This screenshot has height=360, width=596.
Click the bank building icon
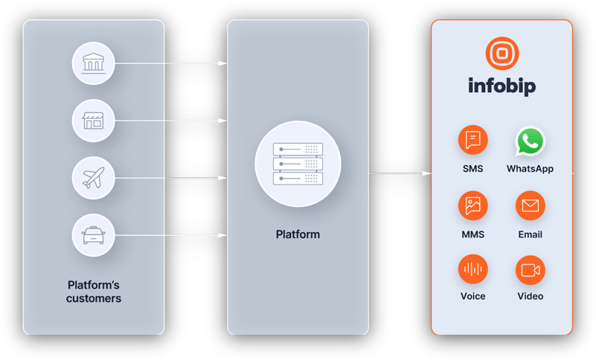(x=93, y=63)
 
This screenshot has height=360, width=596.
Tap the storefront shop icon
(x=93, y=120)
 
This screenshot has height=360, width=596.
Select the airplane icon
(x=93, y=178)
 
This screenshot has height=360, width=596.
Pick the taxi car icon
(x=93, y=235)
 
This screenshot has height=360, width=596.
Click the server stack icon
(x=298, y=164)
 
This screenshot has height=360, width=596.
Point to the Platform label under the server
(x=298, y=234)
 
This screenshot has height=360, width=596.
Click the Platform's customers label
(x=94, y=292)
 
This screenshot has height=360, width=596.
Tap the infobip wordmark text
(x=502, y=86)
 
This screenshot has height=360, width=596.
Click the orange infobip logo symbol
(x=502, y=54)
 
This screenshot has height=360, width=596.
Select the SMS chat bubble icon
(x=472, y=141)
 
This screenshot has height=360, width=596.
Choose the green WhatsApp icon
(x=530, y=141)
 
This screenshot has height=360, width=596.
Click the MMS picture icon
(x=472, y=206)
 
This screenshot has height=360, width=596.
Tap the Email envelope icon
(x=530, y=206)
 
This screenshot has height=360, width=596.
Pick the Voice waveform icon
(x=472, y=269)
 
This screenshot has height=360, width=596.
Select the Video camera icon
(x=530, y=269)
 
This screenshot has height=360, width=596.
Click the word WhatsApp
(x=530, y=169)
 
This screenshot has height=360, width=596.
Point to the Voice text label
(x=472, y=296)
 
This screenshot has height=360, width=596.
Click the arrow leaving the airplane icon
(x=170, y=178)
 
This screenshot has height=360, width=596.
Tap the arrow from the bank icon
(x=170, y=63)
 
